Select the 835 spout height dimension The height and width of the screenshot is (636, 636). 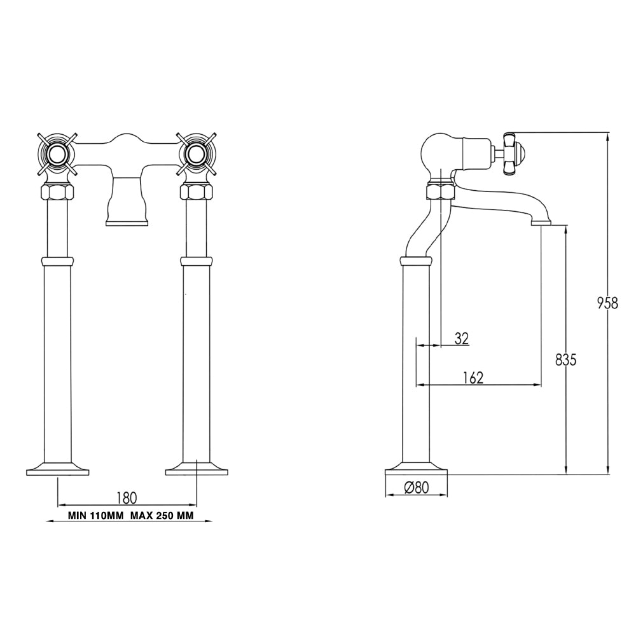pos(565,359)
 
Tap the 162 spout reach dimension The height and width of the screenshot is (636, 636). pos(473,377)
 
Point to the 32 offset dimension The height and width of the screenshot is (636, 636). pos(462,338)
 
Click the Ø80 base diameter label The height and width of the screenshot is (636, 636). pos(417,488)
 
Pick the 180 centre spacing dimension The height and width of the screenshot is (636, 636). pos(127,496)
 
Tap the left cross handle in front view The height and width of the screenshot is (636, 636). pos(57,153)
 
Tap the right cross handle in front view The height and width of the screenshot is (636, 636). pos(196,153)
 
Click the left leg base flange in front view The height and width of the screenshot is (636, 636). pos(57,470)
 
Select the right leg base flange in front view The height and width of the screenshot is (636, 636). pos(196,470)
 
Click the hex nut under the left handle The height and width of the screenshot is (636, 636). pos(57,191)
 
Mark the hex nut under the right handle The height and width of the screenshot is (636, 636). pos(196,191)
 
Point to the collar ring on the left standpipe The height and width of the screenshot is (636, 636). pos(57,261)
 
